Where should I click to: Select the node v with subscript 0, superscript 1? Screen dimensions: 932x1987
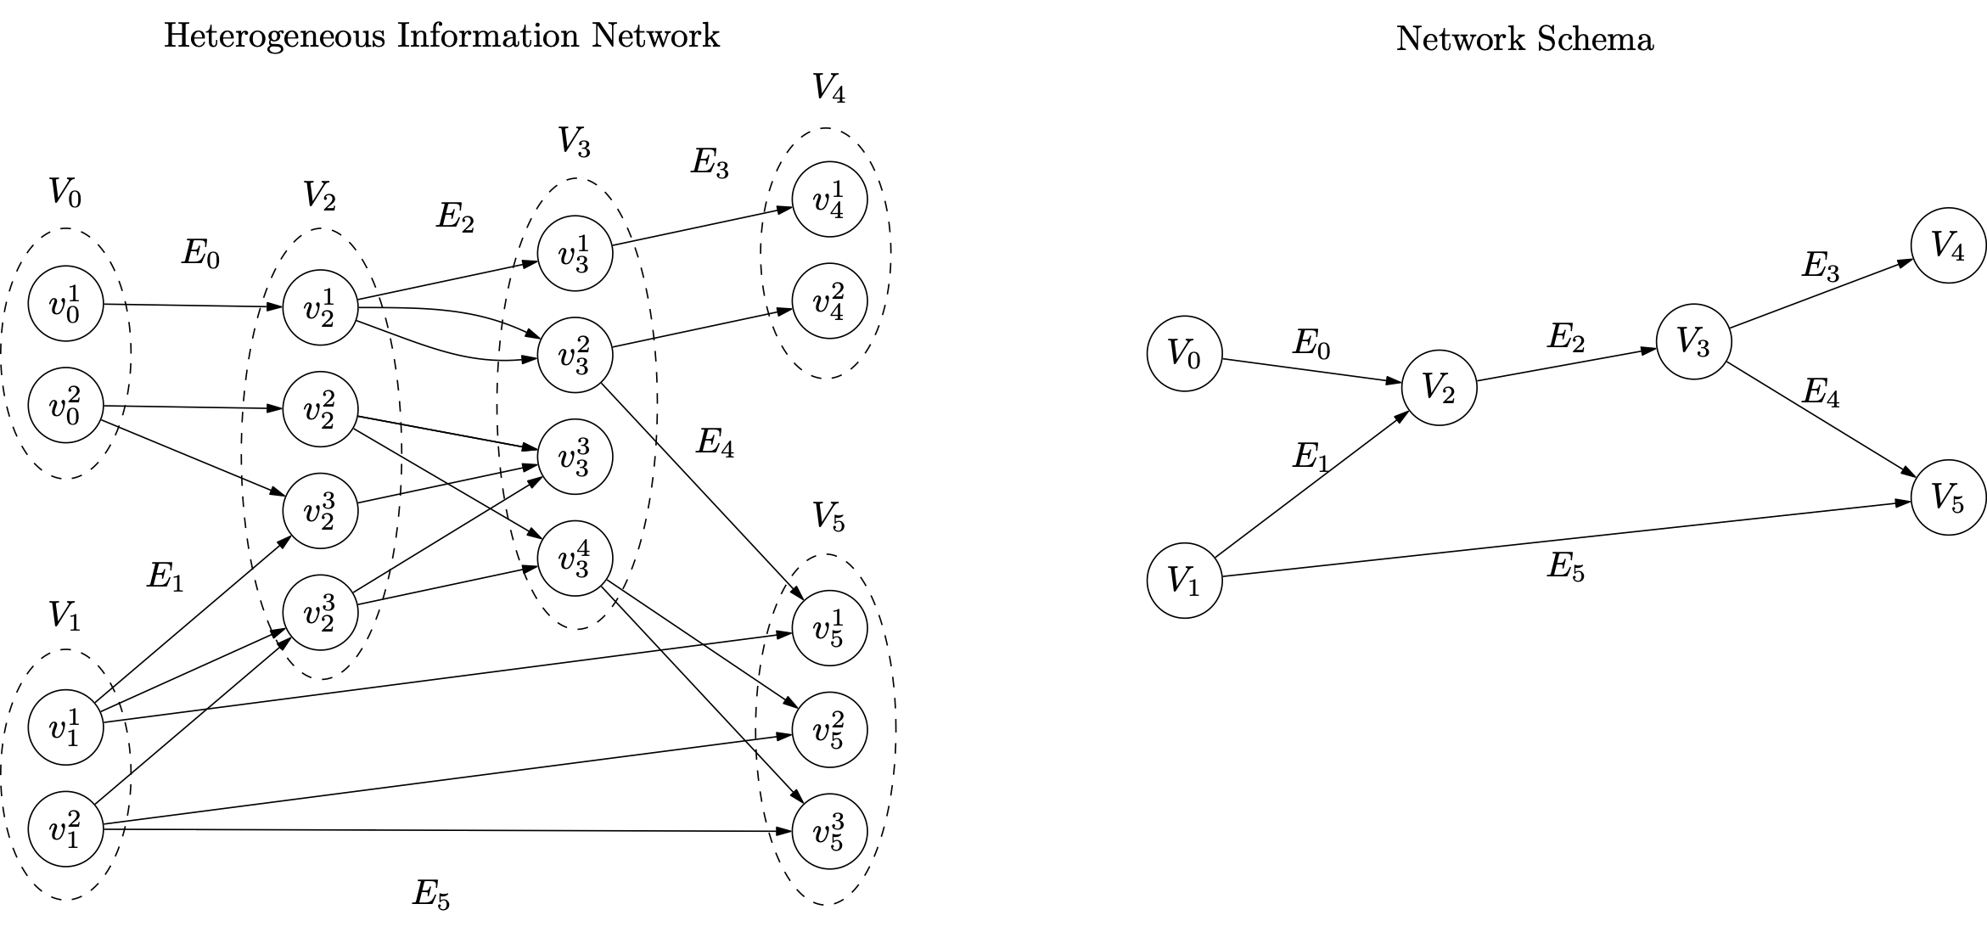pos(65,304)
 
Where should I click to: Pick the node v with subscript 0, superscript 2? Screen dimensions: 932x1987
pos(65,406)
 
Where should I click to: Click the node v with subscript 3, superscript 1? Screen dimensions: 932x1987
pos(575,254)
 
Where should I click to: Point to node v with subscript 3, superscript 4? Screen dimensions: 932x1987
pos(575,558)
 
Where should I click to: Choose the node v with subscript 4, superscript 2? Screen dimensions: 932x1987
pos(829,301)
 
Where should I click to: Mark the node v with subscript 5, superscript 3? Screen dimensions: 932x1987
pos(829,831)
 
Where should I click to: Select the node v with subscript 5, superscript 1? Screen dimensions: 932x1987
pos(829,628)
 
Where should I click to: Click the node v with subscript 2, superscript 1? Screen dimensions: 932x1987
pos(320,308)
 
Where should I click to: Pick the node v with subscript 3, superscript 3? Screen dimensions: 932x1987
pos(575,458)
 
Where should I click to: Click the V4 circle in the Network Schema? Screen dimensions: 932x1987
pos(1948,246)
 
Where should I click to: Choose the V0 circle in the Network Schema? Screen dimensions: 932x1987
pos(1184,353)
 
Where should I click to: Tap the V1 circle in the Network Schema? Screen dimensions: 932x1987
pos(1184,581)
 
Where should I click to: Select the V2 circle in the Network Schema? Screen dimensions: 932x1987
pos(1439,388)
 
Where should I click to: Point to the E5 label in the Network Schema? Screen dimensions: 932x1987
pos(1565,567)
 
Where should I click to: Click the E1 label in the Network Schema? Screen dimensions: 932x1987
pos(1311,457)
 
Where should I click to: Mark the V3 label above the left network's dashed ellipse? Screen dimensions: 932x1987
pos(574,142)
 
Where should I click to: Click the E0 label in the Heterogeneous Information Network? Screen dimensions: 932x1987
pos(200,254)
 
